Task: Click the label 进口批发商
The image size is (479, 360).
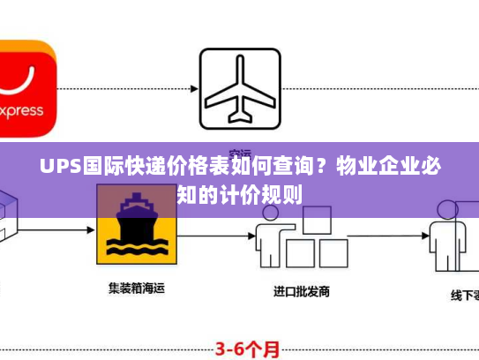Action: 301,290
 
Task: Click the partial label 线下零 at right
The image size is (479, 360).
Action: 463,296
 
